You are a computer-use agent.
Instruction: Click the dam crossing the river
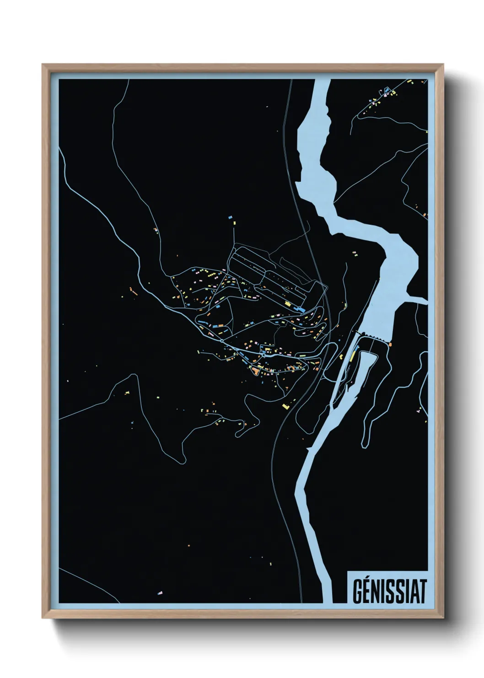[x=373, y=337]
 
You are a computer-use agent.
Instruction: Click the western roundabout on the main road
[x=221, y=341]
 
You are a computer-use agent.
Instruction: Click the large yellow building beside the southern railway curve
[x=285, y=406]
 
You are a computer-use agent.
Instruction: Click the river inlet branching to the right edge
[x=419, y=301]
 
